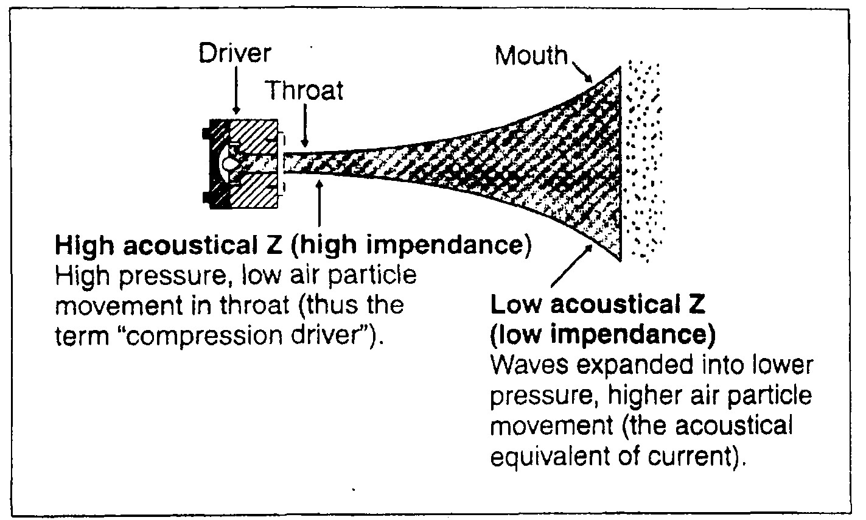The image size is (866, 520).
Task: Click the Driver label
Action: coord(235,54)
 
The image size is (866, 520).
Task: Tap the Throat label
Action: coord(304,90)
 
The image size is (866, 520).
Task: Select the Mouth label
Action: coord(530,55)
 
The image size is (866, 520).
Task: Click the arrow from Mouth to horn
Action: coord(580,71)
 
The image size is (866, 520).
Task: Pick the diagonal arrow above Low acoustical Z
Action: coord(571,264)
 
